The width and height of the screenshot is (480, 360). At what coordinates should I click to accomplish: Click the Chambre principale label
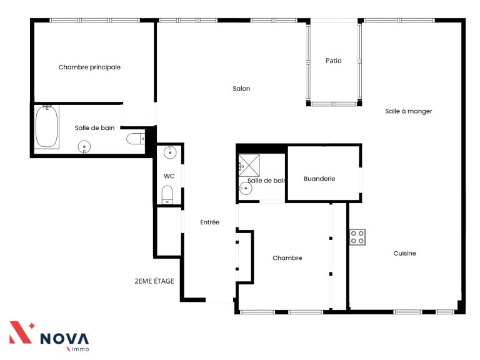coord(89,67)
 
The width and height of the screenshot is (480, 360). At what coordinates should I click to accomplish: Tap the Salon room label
coord(241,89)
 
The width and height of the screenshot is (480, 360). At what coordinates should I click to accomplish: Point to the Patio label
coord(333,61)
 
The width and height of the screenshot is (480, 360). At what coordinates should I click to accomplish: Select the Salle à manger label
coord(408,111)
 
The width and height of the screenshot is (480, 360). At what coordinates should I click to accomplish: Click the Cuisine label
coord(405,253)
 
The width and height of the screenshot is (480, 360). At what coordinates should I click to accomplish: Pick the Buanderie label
coord(319,179)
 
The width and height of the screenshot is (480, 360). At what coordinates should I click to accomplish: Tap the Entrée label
coord(210,222)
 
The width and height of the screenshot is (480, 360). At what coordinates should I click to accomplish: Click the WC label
coord(169,176)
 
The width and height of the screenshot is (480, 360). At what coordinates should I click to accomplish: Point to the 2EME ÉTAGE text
coord(154,281)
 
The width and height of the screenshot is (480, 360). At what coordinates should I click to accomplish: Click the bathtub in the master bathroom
coord(46,126)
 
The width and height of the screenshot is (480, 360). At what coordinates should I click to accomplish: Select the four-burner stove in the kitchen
coord(357,237)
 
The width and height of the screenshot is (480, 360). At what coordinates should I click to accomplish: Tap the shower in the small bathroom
coord(249,165)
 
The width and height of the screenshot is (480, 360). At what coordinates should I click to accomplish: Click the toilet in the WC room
coord(167,195)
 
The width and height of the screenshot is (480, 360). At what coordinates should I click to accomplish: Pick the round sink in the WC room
coord(170,152)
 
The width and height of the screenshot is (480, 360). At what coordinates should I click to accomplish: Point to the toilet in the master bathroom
coord(136,139)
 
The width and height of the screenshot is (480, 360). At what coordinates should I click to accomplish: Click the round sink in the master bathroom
coord(84,147)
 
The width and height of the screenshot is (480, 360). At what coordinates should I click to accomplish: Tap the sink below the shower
coord(246,188)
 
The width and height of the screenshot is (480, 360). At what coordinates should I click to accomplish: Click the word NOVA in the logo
coord(64,339)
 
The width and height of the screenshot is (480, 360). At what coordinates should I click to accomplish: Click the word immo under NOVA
coord(79,349)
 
